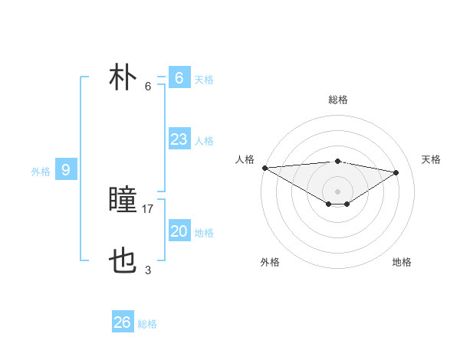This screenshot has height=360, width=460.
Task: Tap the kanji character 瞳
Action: pos(123,201)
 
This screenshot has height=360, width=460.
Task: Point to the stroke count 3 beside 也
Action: pos(148,270)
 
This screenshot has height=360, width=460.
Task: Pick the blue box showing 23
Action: pos(179,139)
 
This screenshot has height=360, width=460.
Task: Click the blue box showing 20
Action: pos(179,231)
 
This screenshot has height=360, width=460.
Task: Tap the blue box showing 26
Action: pos(123,322)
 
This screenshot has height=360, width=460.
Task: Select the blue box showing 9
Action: pos(66,170)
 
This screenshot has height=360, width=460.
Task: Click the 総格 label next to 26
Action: pos(147,324)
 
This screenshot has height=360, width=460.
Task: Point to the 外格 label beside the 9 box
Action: pos(41,172)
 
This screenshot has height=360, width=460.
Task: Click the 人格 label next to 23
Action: pos(204,141)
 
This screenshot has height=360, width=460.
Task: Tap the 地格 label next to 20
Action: pos(204,233)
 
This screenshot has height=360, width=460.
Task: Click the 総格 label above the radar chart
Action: pos(337,100)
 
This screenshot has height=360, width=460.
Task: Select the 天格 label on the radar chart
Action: pos(431,159)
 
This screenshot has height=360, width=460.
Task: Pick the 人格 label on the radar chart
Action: pos(245,159)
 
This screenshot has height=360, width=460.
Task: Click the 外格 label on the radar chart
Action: pos(269,262)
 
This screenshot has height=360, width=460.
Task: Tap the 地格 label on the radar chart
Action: pos(402,262)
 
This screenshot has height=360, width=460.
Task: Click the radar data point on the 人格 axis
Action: pos(264,168)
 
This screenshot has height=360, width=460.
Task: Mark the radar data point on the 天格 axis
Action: pos(396,172)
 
